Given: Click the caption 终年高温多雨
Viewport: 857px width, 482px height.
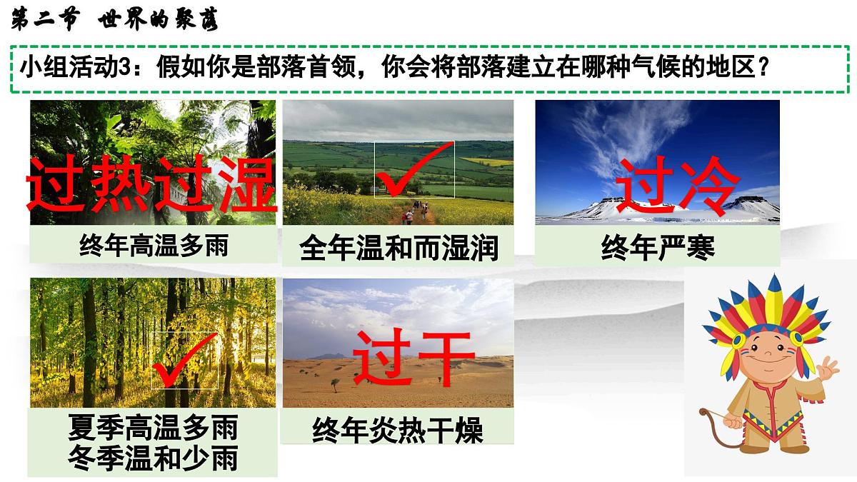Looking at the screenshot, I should coord(154,246).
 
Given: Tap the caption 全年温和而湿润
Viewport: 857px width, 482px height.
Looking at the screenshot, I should coord(399,248).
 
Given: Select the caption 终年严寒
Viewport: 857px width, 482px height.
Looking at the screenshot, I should coord(658,247).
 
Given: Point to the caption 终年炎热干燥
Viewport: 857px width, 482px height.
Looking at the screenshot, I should coord(398,431).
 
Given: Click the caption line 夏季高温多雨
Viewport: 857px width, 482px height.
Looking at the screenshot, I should coord(153,428).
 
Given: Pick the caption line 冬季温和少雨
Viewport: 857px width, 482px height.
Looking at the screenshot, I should coord(153,458).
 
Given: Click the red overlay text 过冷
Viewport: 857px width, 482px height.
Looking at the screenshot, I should coord(676,185).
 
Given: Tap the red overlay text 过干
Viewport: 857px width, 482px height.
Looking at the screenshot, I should coord(414,356).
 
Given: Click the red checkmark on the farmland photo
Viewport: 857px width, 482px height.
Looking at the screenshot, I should coord(415,169).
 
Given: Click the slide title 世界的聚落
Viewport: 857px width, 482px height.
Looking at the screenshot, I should coord(156,20).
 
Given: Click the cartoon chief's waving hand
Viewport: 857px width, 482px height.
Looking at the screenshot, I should coord(828,371).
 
